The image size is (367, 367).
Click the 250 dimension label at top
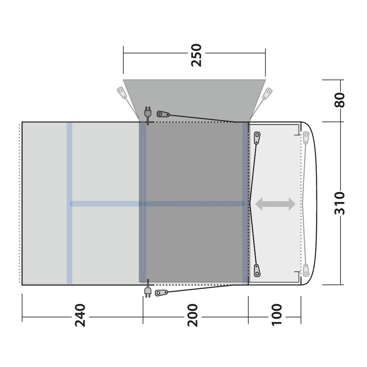(197, 55)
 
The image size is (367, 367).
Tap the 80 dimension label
(340, 100)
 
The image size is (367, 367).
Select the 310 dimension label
(340, 203)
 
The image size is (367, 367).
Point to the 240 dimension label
(80, 315)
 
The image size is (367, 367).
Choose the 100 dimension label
(277, 315)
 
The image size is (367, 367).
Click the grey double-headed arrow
(275, 204)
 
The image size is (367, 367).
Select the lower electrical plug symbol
(148, 292)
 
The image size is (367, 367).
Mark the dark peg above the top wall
(164, 114)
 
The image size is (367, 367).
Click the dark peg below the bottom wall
(162, 293)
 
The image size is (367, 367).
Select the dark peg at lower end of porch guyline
(257, 270)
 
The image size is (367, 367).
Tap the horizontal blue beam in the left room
(106, 204)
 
